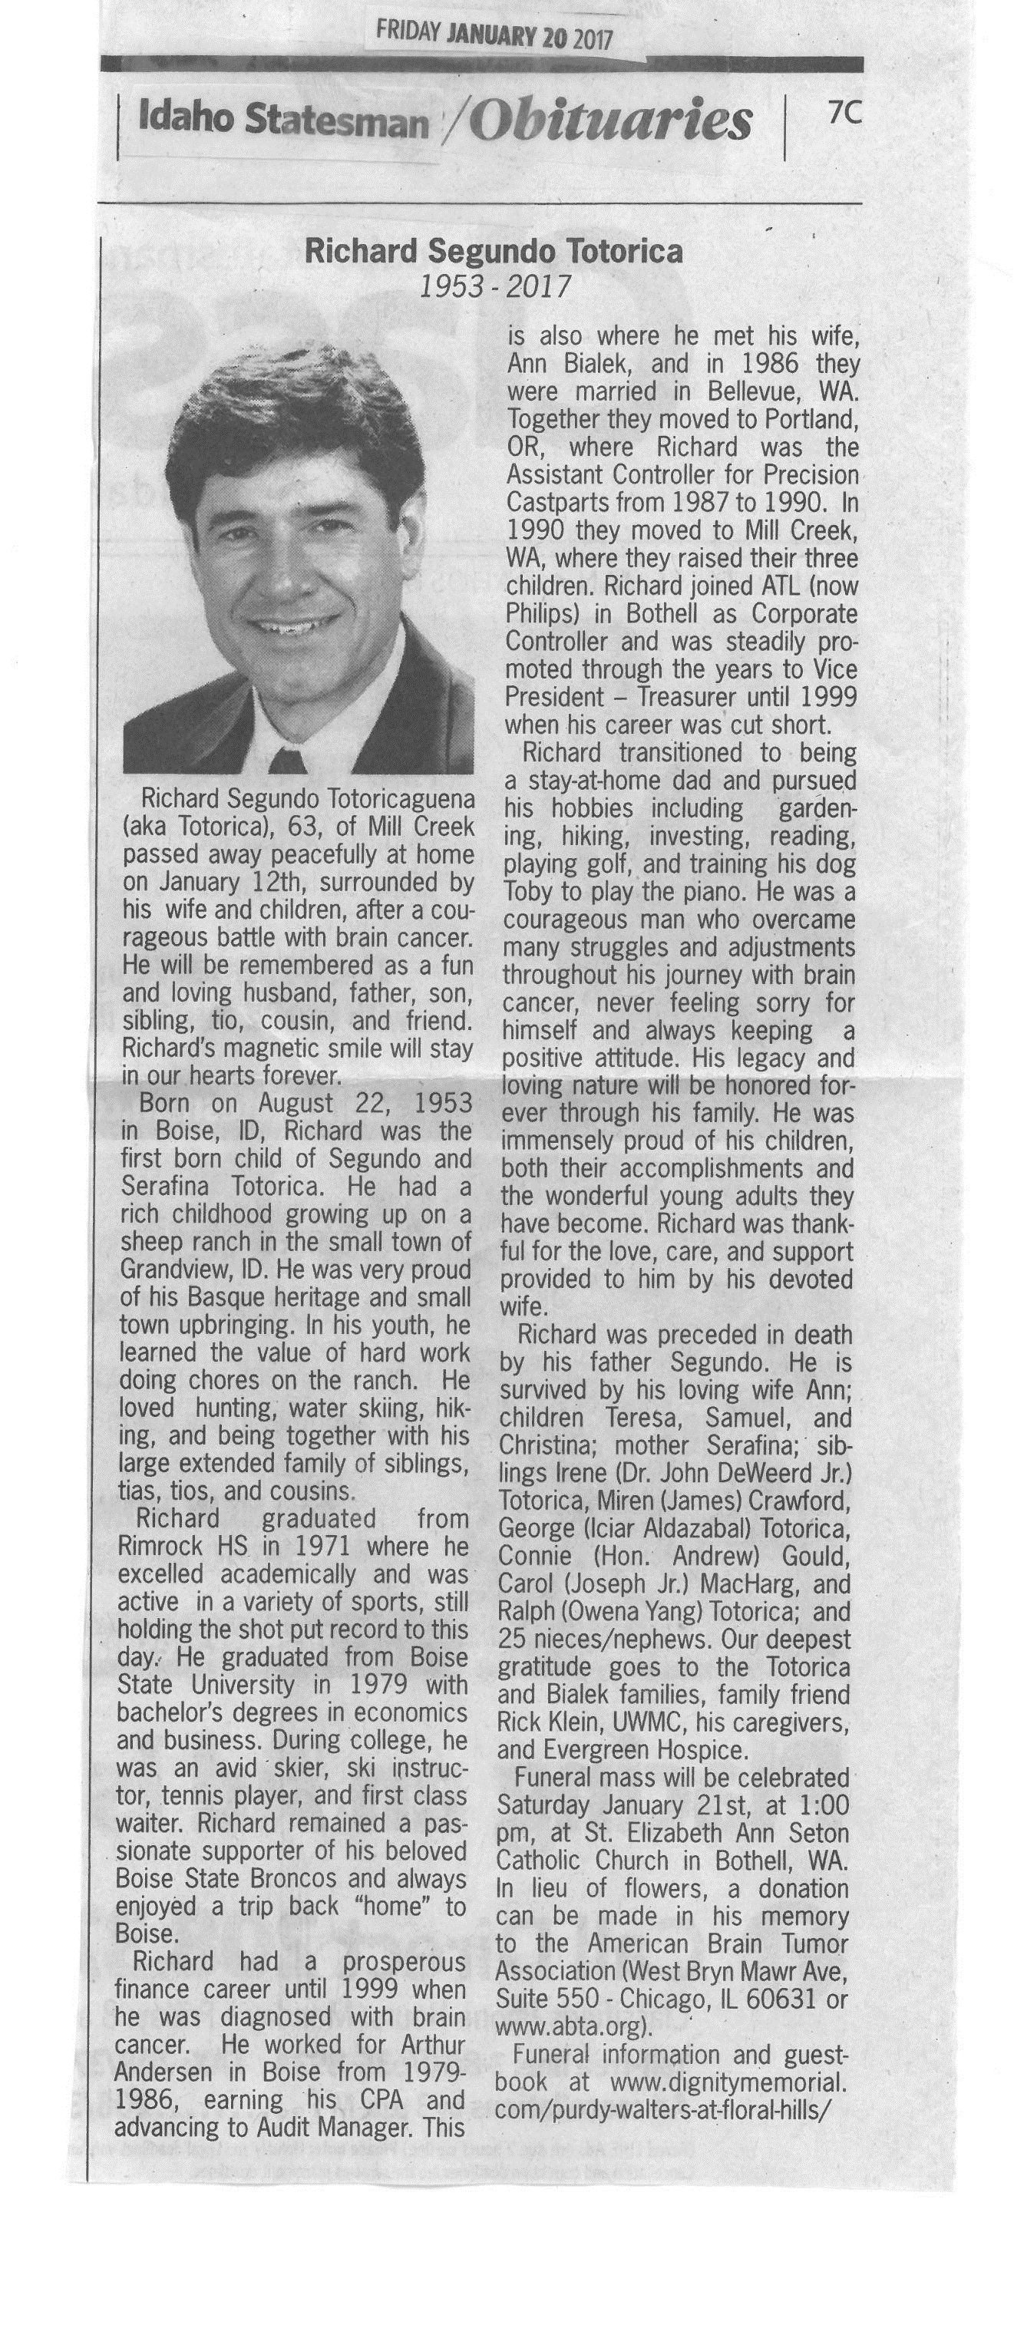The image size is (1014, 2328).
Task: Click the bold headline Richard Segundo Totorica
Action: pyautogui.click(x=494, y=251)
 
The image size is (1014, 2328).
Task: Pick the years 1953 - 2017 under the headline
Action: pyautogui.click(x=496, y=286)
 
